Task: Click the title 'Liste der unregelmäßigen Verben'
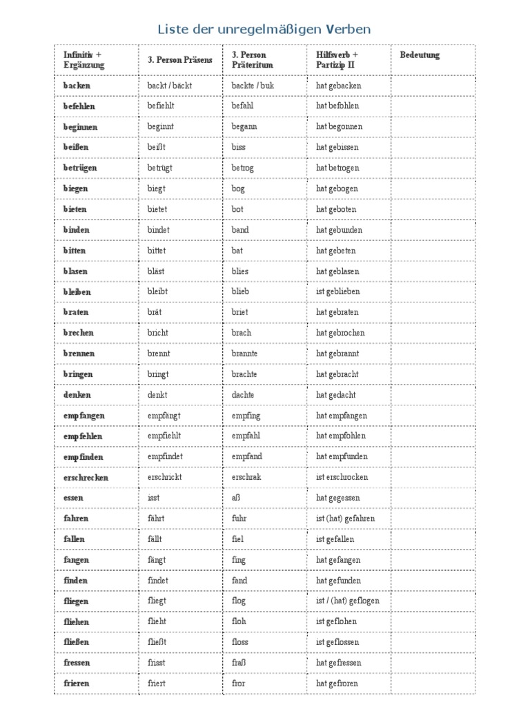point(264,29)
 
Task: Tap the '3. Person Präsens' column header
point(180,60)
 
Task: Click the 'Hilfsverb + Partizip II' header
point(337,60)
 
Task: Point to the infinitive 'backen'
point(77,86)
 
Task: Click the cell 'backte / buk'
point(253,86)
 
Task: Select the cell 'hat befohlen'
point(337,106)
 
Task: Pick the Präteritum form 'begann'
point(244,127)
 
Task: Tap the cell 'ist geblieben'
point(338,291)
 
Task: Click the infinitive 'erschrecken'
point(86,478)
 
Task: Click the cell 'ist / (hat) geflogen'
point(348,601)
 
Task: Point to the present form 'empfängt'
point(164,416)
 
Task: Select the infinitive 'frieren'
point(77,684)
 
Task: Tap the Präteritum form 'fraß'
point(239,663)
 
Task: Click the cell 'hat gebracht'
point(338,374)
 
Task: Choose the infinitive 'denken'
point(77,395)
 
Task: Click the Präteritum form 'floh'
point(239,621)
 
